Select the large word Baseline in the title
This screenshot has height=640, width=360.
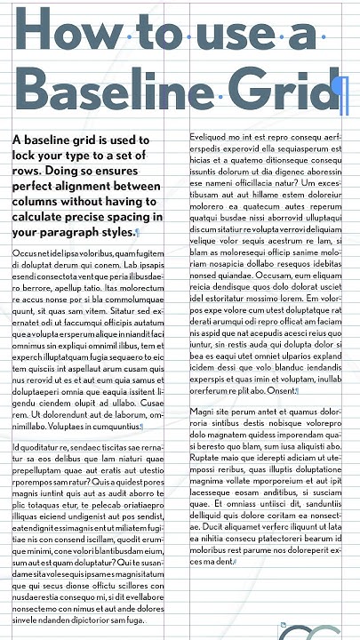pos(116,90)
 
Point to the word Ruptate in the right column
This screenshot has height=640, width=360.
pos(207,455)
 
